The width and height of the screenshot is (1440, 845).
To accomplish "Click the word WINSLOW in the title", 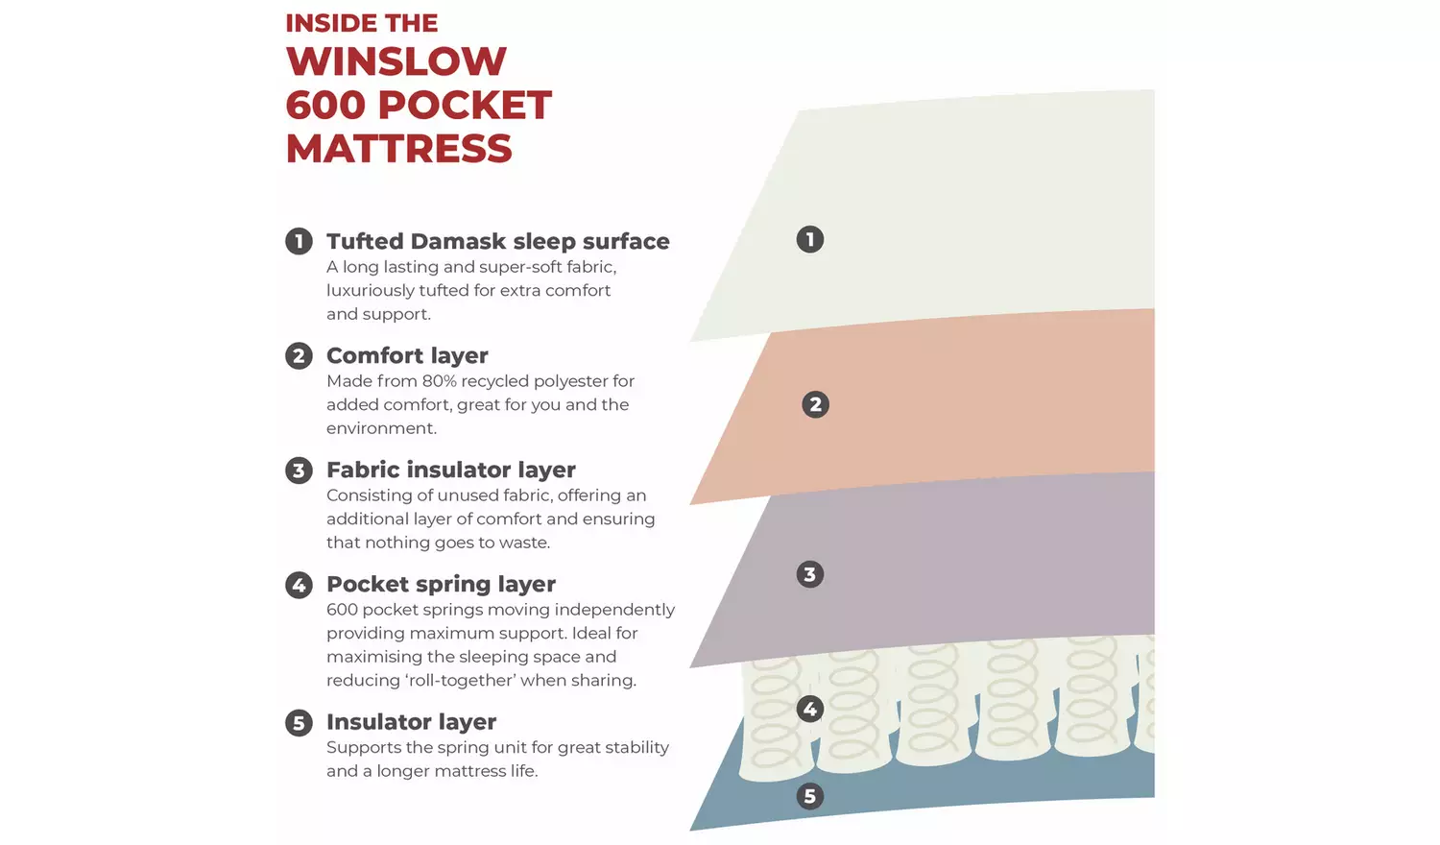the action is coord(396,61).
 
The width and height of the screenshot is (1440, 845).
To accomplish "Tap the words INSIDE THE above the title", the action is coord(361,23).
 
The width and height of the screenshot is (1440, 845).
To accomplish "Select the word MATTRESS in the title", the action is coord(398,149).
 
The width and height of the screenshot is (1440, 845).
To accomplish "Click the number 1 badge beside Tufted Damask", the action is coord(299,241).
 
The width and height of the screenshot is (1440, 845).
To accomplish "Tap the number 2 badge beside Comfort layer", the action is coord(299,355).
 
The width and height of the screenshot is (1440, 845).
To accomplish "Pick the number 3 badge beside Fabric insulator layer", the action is coord(299,471).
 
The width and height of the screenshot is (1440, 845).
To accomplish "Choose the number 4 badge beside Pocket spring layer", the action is coord(299,585).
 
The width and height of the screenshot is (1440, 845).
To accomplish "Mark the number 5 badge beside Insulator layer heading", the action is coord(299,722).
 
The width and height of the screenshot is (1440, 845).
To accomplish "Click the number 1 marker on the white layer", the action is coord(810,239).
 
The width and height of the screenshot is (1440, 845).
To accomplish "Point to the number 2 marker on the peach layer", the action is coord(816,404).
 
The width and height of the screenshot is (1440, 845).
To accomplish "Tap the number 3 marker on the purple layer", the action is coord(810,574).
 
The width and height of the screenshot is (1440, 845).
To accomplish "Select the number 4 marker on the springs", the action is coord(810,710).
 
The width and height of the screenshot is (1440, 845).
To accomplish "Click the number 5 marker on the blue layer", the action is coord(810,796).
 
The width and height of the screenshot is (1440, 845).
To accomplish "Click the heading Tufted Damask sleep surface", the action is coord(498,242).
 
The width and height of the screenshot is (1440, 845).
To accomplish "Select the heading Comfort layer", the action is coord(408,355).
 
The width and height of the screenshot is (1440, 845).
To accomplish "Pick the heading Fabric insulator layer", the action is coord(451,471).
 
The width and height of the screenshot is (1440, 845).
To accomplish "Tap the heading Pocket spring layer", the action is coord(441,585).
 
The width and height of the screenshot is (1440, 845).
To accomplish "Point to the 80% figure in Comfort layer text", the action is coord(439,380).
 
